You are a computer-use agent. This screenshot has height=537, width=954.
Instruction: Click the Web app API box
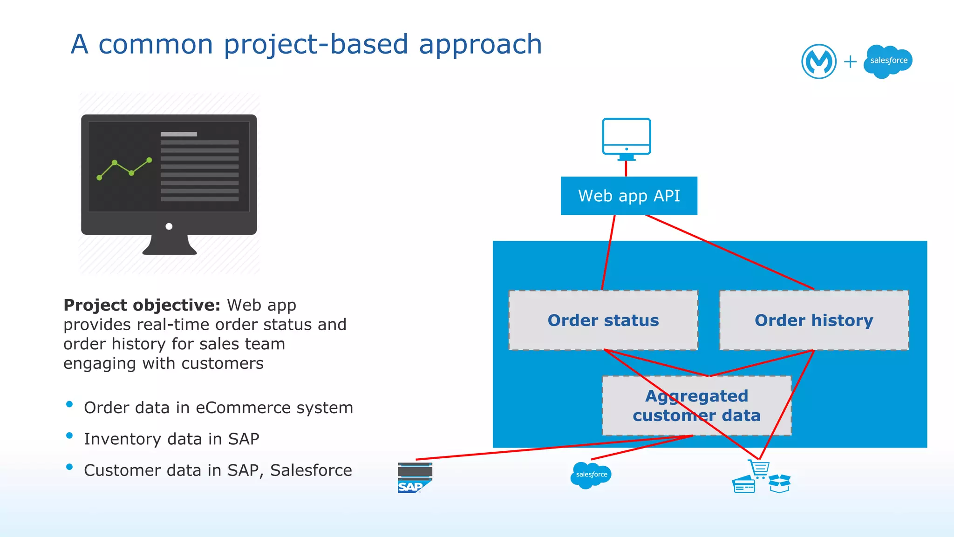tap(629, 196)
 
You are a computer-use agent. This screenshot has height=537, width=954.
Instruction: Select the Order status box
tap(603, 320)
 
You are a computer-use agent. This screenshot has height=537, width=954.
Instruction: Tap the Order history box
tap(814, 320)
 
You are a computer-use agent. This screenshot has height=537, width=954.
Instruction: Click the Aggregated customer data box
tap(696, 405)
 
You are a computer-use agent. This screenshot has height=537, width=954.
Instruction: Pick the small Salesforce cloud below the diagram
tap(591, 475)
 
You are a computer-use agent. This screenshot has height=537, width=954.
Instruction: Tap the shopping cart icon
tap(759, 469)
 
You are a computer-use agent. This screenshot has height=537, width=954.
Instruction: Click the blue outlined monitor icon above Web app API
tap(626, 138)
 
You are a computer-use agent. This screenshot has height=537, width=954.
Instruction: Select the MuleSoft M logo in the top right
tap(818, 61)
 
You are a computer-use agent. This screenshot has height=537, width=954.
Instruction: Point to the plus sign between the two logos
tap(850, 61)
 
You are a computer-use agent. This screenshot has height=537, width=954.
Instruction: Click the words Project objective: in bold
tap(142, 305)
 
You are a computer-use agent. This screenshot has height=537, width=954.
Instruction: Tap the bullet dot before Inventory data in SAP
tap(69, 436)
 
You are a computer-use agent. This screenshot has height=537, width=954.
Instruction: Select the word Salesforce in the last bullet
tap(311, 470)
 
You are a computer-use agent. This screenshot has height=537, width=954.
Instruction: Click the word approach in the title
tap(480, 45)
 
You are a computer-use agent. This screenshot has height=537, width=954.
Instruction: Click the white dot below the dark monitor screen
tap(169, 226)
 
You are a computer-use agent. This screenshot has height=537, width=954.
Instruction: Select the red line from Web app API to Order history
tap(729, 252)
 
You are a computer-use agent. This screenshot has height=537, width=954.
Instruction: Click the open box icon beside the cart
tap(779, 483)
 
